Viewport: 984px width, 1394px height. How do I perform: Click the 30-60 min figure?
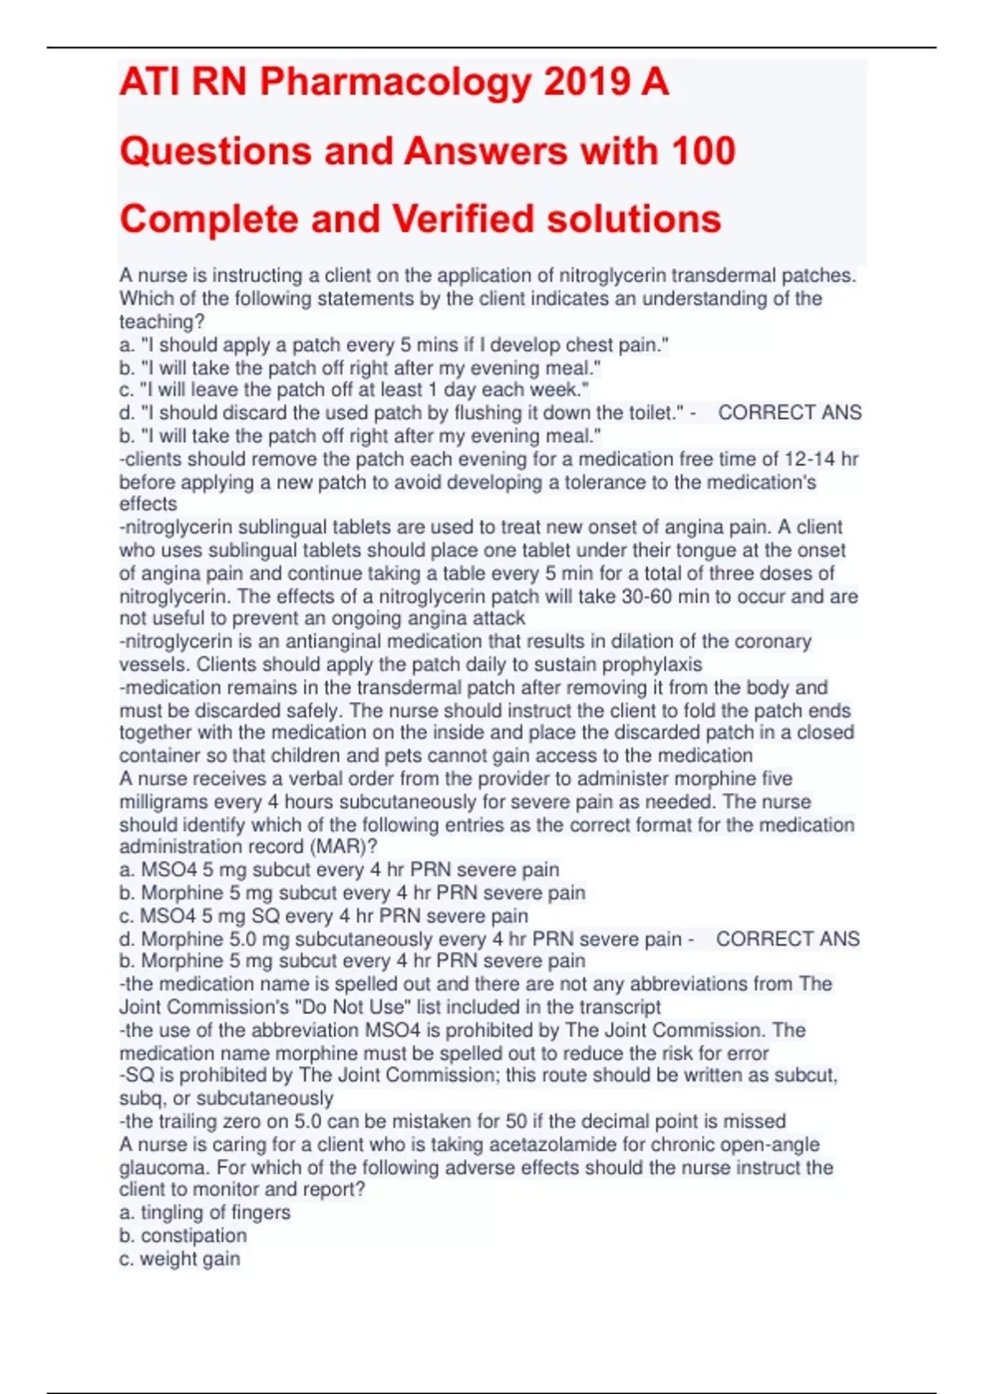coord(653,596)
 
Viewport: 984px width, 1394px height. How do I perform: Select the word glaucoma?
coord(158,1167)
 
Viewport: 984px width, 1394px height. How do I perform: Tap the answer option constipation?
coord(194,1235)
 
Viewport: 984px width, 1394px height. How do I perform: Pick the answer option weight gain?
coord(189,1259)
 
